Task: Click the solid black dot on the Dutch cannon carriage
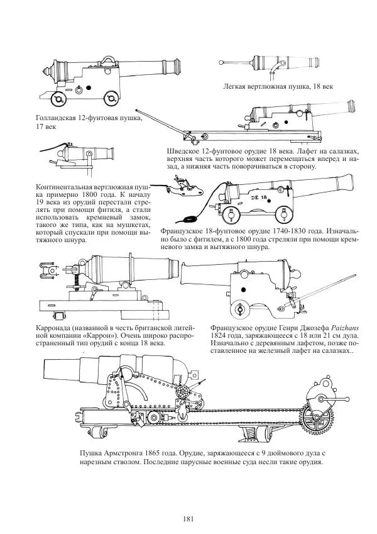coord(89,87)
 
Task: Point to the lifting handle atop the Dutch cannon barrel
coord(109,60)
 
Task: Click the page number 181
coord(188,518)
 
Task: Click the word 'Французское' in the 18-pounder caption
coord(188,231)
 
